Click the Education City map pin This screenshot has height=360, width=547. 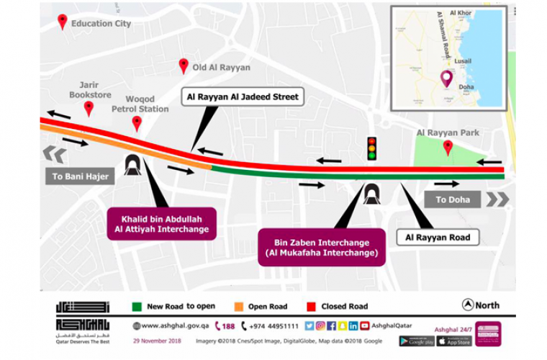pyautogui.click(x=63, y=22)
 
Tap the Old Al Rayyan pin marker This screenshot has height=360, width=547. pyautogui.click(x=184, y=66)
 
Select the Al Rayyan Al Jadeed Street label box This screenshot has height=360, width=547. pyautogui.click(x=242, y=96)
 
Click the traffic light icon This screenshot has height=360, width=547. pyautogui.click(x=372, y=147)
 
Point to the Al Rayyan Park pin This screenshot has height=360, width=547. pyautogui.click(x=448, y=147)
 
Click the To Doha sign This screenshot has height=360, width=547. pyautogui.click(x=452, y=199)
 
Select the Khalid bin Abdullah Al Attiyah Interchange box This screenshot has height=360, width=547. pyautogui.click(x=161, y=223)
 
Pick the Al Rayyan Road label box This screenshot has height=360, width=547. pyautogui.click(x=438, y=237)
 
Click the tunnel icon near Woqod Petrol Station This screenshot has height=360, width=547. pyautogui.click(x=132, y=165)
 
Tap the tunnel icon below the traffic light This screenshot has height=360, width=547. pyautogui.click(x=372, y=193)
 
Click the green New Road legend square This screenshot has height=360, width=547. pyautogui.click(x=136, y=306)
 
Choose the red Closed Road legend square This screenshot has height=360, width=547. pyautogui.click(x=312, y=306)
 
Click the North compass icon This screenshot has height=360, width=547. pyautogui.click(x=468, y=305)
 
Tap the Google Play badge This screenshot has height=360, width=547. pyautogui.click(x=417, y=341)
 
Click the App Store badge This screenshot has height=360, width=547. pyautogui.click(x=455, y=341)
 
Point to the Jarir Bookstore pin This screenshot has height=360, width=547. pyautogui.click(x=89, y=108)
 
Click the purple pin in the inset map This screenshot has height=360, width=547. pyautogui.click(x=447, y=77)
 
